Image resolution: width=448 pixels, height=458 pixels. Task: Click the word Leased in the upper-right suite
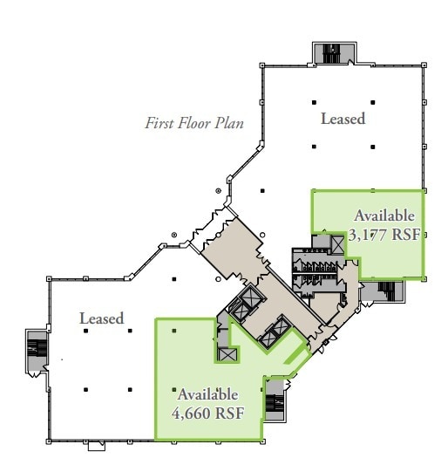[343, 119]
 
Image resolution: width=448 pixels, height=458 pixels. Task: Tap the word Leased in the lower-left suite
[102, 318]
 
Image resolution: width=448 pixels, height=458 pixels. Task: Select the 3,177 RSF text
[384, 234]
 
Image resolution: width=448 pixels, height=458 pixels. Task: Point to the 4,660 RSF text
[207, 412]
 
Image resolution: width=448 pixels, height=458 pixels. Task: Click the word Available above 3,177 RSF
[384, 216]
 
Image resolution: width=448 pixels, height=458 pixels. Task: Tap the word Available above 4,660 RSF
[207, 394]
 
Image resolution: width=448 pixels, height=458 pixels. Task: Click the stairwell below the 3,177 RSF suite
[382, 291]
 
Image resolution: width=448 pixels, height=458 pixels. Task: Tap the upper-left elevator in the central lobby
[240, 304]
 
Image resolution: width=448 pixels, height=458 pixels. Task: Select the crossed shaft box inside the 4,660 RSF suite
[229, 354]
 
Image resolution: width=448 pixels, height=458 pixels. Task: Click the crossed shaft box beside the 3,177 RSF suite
[336, 246]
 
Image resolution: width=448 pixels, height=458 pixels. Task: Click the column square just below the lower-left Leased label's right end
[130, 331]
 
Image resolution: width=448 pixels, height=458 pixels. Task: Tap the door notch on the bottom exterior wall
[97, 448]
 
